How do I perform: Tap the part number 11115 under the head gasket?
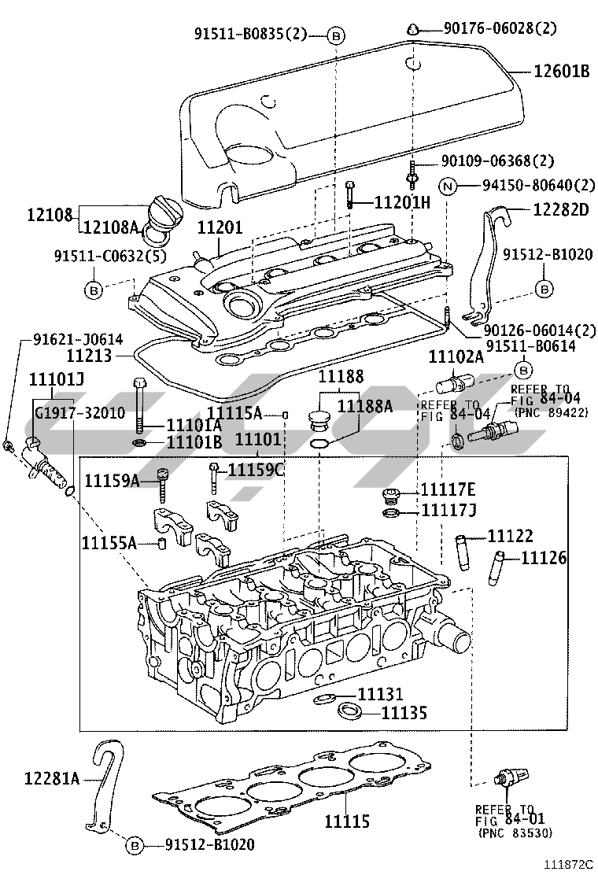tap(347, 821)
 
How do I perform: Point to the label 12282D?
tap(561, 210)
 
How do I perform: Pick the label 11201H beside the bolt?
tap(402, 202)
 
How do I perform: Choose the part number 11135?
tap(404, 714)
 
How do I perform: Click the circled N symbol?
tap(447, 186)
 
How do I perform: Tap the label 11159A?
tap(112, 480)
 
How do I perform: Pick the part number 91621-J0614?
tap(78, 339)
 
